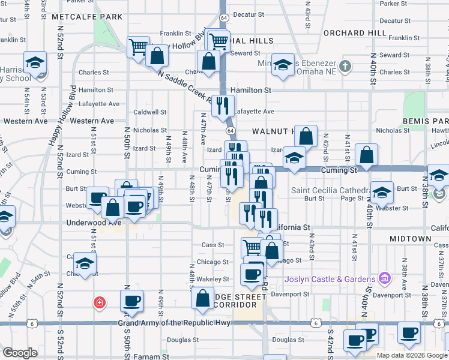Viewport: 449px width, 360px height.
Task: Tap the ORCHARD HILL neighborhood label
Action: point(355,32)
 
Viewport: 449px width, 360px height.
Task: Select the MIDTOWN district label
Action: point(410,239)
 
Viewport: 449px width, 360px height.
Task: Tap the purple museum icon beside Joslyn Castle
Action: point(384,278)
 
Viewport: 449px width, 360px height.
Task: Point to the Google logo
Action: point(20,353)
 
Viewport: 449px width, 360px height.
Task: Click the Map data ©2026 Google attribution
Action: point(411,355)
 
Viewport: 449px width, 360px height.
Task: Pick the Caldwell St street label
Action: point(149,112)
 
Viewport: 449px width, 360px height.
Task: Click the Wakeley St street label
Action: point(214,279)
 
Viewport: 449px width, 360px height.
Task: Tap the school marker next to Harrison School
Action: point(35,63)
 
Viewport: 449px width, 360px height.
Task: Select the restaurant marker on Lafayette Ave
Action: point(222,106)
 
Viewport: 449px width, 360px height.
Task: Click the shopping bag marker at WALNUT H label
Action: point(306,136)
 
